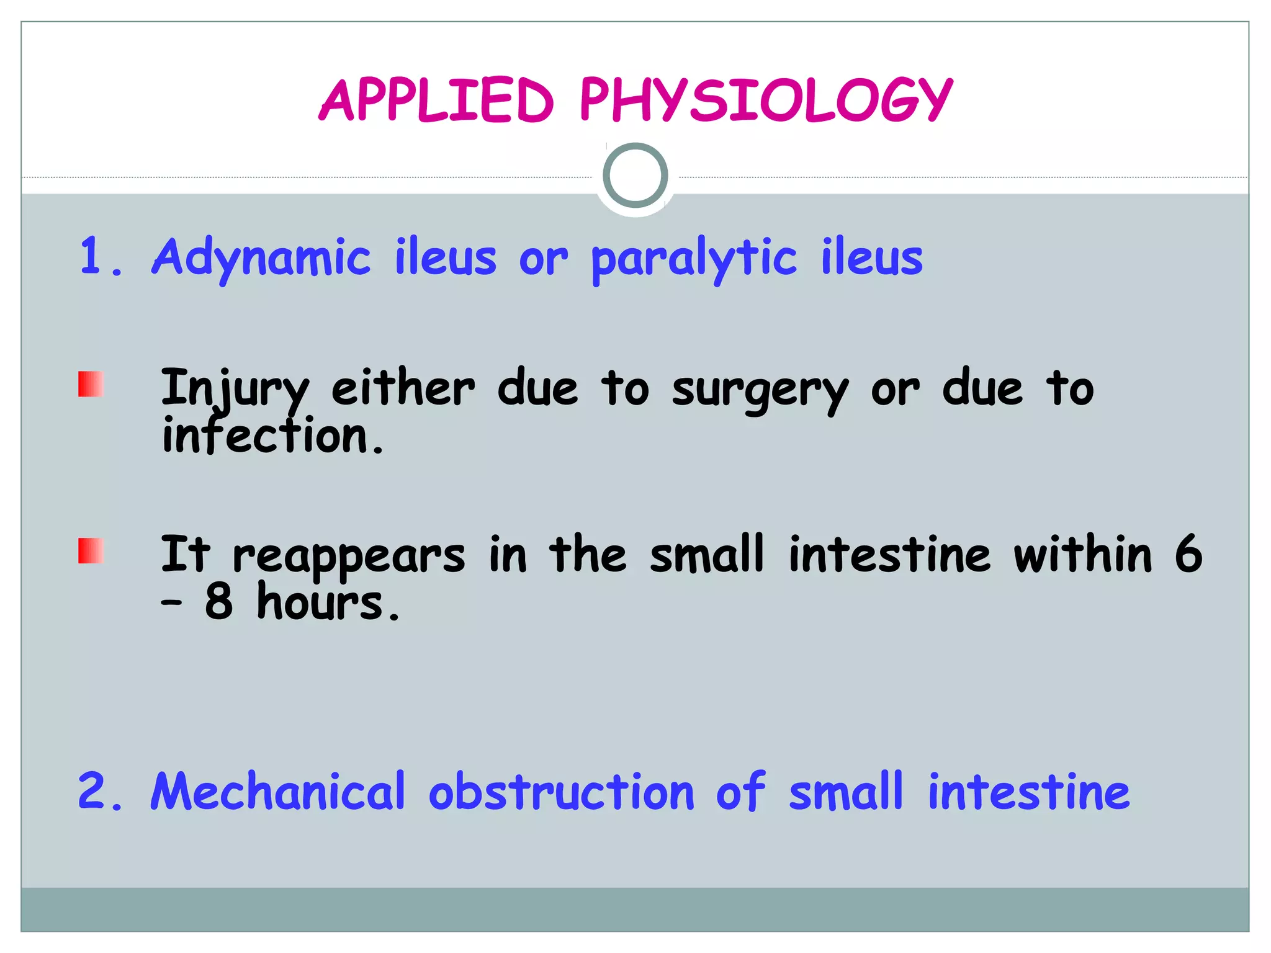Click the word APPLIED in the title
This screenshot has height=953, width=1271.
click(x=436, y=100)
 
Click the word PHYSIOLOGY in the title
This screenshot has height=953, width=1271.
click(x=765, y=100)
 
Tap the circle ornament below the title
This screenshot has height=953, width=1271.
click(x=635, y=175)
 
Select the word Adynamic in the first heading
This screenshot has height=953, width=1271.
click(x=261, y=257)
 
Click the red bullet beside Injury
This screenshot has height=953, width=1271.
click(x=91, y=384)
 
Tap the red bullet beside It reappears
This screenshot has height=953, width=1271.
click(x=91, y=550)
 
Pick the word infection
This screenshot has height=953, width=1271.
click(x=271, y=436)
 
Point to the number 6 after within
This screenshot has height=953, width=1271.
click(x=1188, y=553)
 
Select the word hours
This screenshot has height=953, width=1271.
click(x=327, y=603)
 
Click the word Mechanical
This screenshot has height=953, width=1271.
click(x=278, y=792)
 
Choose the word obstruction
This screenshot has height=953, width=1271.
click(x=561, y=792)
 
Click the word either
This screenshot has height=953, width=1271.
click(x=403, y=389)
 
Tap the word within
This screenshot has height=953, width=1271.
click(x=1082, y=553)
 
